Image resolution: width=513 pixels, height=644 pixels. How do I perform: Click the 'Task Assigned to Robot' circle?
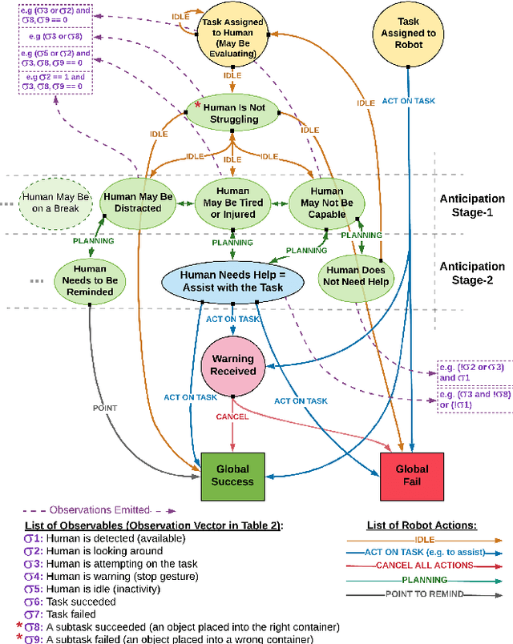coord(409,34)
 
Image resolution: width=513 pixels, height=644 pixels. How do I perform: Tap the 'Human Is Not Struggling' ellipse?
coord(232,112)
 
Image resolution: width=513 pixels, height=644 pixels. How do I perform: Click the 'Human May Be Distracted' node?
coord(138,202)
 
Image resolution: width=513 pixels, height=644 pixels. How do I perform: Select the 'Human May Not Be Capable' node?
coord(326,202)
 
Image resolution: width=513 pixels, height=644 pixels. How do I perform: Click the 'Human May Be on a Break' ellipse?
coord(49,202)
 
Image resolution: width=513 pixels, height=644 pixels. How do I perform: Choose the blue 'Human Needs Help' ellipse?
coord(232,280)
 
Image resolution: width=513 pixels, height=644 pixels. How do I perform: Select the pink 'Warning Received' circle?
coord(233,364)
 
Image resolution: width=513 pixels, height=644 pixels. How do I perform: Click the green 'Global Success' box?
coord(232,475)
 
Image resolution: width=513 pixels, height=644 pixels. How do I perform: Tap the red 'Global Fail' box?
coord(411,475)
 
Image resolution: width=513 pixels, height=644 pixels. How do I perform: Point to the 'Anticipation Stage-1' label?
coord(472,205)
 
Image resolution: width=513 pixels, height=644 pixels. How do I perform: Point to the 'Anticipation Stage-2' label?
coord(472,273)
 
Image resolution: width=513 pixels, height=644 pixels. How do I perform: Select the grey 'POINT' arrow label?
coord(104,408)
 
